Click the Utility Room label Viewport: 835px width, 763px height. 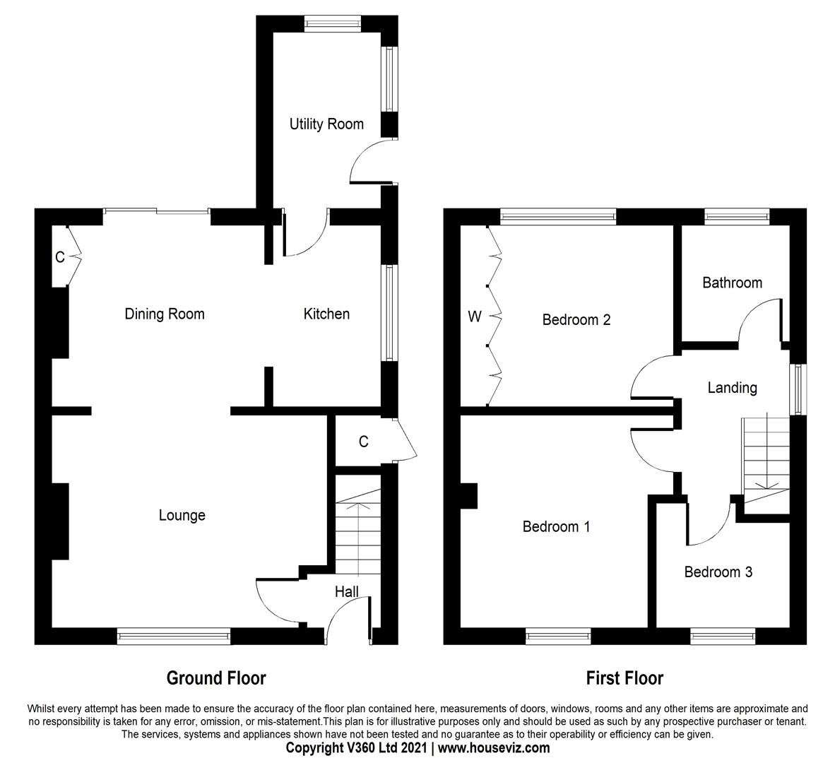[326, 124]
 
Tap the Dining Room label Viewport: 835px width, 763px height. [165, 314]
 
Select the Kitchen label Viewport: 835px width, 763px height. [326, 314]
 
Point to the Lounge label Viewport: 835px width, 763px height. [182, 516]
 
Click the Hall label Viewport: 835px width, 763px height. [346, 592]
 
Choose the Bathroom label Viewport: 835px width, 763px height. [732, 283]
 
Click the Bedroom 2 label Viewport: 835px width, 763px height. [576, 319]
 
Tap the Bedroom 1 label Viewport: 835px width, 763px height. [556, 526]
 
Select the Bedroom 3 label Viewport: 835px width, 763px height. [718, 572]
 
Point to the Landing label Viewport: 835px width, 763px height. [732, 388]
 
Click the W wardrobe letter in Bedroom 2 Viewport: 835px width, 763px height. [475, 317]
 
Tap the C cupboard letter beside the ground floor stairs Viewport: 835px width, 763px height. [363, 442]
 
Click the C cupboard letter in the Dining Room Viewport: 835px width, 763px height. [60, 258]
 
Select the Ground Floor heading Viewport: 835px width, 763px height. [216, 678]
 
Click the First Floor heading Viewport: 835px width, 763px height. [624, 678]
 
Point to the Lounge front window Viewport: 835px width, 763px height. [174, 637]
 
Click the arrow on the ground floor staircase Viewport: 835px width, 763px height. [358, 505]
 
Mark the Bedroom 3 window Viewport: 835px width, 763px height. [723, 637]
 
